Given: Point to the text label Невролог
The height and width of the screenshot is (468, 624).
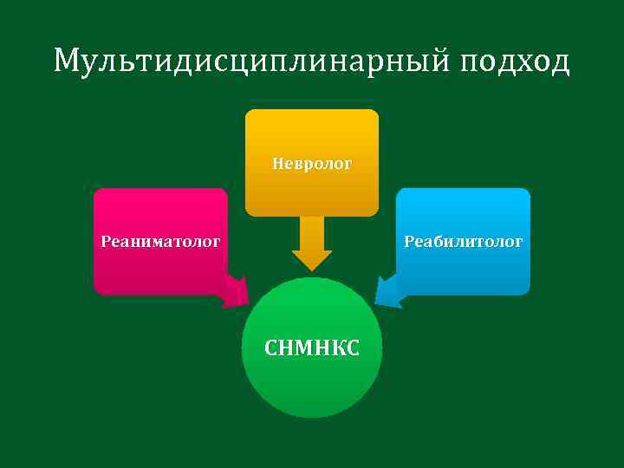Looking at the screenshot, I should tap(312, 163).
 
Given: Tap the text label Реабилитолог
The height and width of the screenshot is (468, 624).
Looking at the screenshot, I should tap(463, 242).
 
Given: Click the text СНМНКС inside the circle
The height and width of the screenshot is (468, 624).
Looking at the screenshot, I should tap(311, 348).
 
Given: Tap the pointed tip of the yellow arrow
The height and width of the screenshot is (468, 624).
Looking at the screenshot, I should tap(312, 269).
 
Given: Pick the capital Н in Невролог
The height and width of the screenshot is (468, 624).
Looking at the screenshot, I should tap(277, 163).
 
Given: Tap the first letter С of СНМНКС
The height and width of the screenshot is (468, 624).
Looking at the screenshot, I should tap(270, 348).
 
